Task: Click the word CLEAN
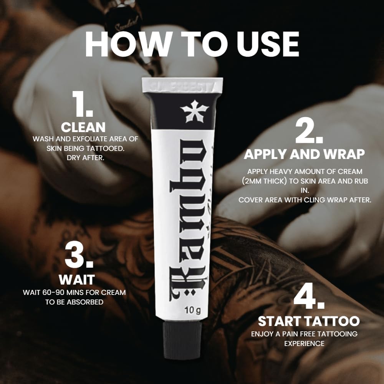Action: (x=83, y=127)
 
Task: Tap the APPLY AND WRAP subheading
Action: (x=305, y=154)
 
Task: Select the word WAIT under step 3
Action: (x=76, y=279)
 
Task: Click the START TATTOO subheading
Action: (x=309, y=321)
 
